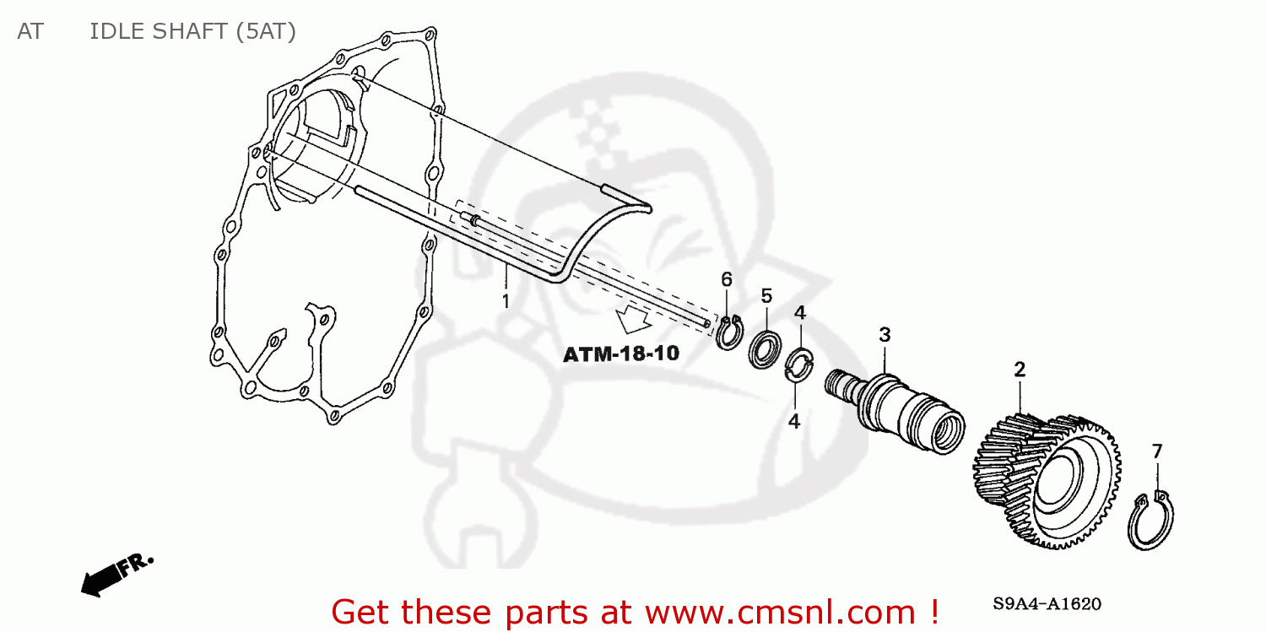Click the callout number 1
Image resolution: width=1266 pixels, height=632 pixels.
click(506, 300)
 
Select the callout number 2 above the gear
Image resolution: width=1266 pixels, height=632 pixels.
click(1020, 370)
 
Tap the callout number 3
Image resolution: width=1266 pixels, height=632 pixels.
click(885, 335)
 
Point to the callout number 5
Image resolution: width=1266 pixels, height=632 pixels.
click(766, 296)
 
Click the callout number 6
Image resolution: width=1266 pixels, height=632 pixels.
click(726, 279)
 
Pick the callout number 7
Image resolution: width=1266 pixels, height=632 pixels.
click(1157, 451)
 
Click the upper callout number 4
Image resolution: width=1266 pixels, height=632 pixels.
click(799, 313)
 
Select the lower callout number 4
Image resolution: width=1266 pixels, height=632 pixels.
click(794, 421)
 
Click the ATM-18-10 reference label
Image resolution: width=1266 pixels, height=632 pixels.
click(621, 354)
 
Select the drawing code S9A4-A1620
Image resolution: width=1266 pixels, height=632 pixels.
click(1047, 604)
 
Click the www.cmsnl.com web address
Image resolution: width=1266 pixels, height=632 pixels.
click(760, 610)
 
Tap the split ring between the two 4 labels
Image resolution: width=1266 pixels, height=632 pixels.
click(798, 365)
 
